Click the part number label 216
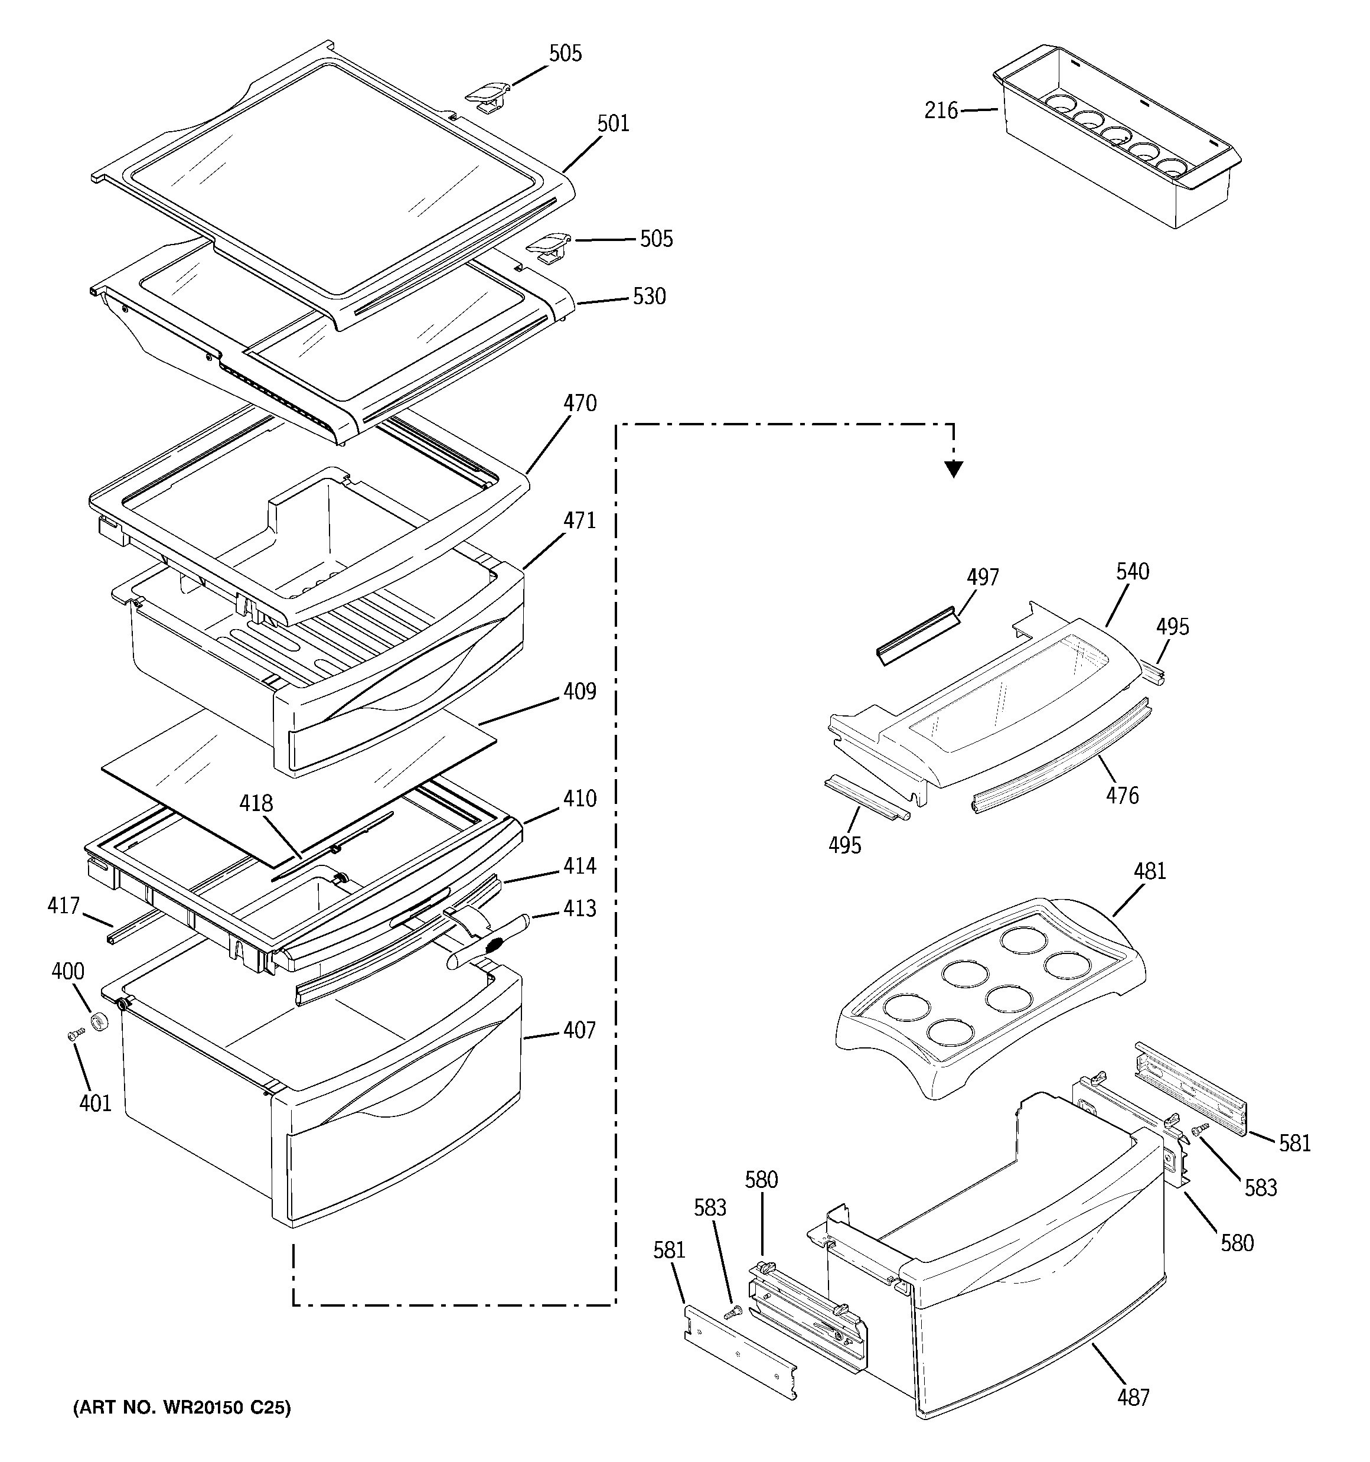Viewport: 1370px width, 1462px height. [x=941, y=111]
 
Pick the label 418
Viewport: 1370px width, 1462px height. [x=256, y=803]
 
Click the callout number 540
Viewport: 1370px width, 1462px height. [x=1132, y=571]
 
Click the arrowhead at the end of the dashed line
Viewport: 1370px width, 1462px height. [x=954, y=468]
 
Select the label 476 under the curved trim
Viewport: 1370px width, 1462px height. [x=1122, y=795]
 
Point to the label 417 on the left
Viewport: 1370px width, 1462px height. [x=63, y=906]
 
